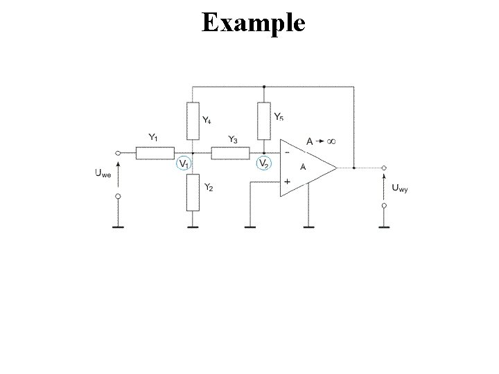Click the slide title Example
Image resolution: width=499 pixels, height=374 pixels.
click(253, 22)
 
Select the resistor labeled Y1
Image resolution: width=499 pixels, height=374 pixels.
click(155, 153)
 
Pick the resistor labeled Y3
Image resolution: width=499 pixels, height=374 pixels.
click(230, 153)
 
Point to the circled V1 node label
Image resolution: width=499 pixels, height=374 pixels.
click(184, 164)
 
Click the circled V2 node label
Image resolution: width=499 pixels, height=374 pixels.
click(263, 164)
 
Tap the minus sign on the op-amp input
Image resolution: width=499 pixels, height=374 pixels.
click(286, 152)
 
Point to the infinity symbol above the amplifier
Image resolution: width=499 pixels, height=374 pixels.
click(331, 141)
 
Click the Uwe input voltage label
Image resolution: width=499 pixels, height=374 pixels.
click(103, 174)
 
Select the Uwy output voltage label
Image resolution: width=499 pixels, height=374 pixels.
click(400, 187)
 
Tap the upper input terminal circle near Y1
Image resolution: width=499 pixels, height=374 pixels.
click(118, 153)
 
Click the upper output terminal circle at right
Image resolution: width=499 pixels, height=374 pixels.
click(384, 168)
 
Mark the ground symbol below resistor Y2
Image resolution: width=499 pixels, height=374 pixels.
click(193, 226)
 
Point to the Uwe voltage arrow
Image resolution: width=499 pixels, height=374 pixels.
click(118, 174)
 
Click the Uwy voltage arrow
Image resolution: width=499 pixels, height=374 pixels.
click(384, 186)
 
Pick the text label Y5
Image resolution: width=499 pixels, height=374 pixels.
click(278, 116)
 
